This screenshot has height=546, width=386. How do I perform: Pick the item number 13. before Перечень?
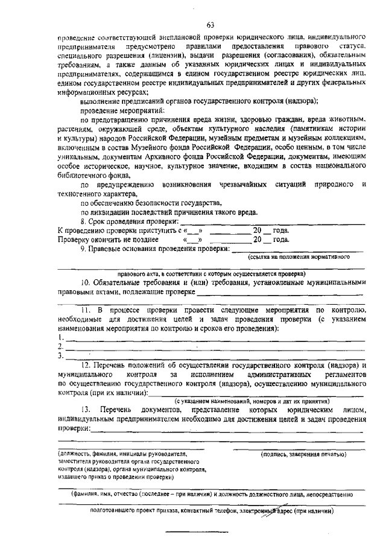pos(86,410)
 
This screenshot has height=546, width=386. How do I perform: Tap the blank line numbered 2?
pos(217,347)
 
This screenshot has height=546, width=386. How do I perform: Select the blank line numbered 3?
pos(217,356)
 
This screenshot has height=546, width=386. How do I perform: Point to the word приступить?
pos(140,230)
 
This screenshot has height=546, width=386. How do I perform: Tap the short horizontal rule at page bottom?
pos(189,531)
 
